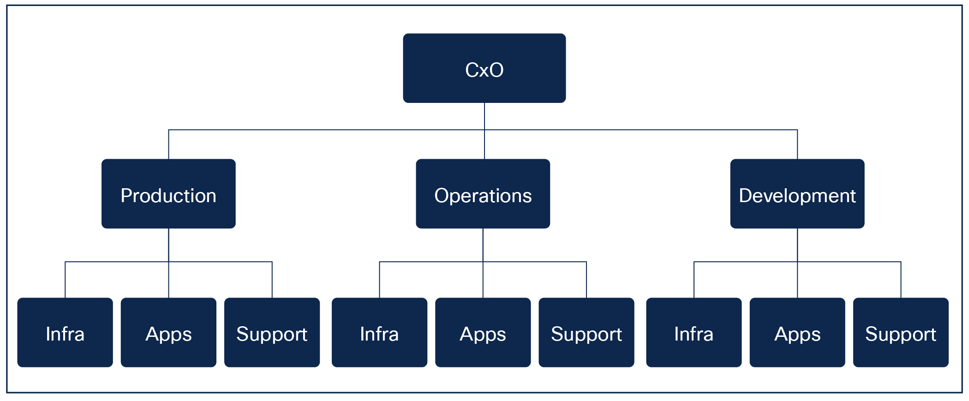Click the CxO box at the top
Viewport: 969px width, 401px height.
pyautogui.click(x=484, y=68)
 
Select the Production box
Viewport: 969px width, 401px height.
pyautogui.click(x=168, y=194)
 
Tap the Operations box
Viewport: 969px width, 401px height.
pyautogui.click(x=483, y=194)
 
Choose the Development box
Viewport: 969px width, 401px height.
pyautogui.click(x=797, y=194)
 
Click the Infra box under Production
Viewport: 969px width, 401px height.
pyautogui.click(x=65, y=333)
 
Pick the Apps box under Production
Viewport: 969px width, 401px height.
pyautogui.click(x=168, y=333)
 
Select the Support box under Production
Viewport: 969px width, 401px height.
pyautogui.click(x=272, y=333)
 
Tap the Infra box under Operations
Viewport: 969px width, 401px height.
pyautogui.click(x=379, y=333)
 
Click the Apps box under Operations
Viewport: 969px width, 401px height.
pyautogui.click(x=483, y=333)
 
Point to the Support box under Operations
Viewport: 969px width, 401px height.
pyautogui.click(x=586, y=333)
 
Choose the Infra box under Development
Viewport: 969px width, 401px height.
pyautogui.click(x=694, y=333)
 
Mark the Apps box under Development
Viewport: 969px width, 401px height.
pyautogui.click(x=797, y=333)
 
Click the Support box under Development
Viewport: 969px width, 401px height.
pyautogui.click(x=900, y=333)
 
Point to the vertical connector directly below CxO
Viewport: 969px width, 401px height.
pyautogui.click(x=484, y=116)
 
